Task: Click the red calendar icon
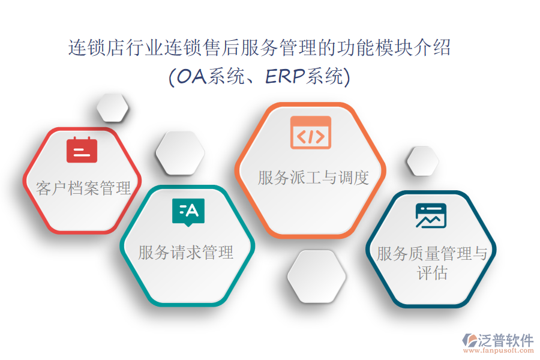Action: [82, 149]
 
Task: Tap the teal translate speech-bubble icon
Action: [188, 212]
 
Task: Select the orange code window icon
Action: [311, 133]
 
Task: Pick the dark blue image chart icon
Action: [431, 215]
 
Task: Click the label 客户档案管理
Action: [83, 188]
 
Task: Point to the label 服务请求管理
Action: [186, 253]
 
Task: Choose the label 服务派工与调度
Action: [313, 178]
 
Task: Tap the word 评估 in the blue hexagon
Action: [432, 273]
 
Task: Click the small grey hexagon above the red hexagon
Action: [113, 107]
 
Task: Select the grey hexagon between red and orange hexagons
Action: [180, 153]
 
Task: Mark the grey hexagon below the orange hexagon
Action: [317, 277]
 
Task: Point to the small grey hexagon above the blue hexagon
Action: [423, 161]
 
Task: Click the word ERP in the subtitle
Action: [285, 76]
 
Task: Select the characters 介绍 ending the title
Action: [432, 47]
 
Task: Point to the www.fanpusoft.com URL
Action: [499, 350]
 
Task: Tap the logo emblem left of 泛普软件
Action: [470, 340]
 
